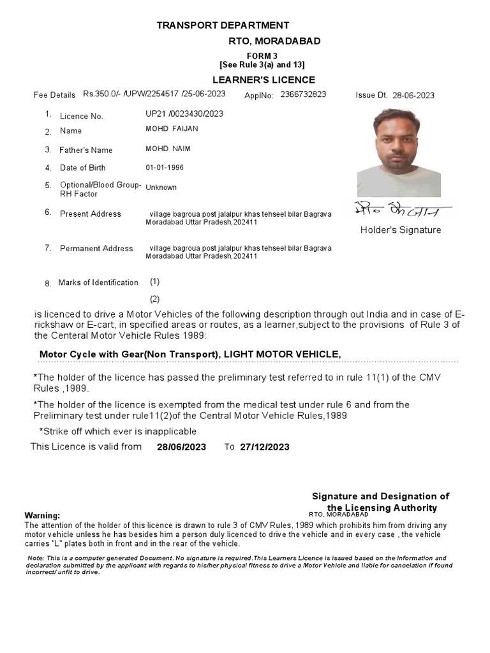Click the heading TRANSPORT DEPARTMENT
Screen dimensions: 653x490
pos(223,26)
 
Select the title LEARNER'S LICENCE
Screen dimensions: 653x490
pos(264,80)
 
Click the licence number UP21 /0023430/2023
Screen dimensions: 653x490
pos(184,114)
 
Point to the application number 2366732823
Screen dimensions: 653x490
pos(303,94)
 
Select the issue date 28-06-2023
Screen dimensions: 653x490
pos(413,95)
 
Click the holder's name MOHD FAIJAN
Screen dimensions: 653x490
pos(172,129)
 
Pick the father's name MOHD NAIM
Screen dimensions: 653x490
pos(168,149)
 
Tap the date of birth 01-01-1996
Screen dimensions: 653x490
pos(165,168)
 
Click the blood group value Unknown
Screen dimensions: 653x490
pos(161,187)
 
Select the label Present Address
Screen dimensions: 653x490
pos(90,214)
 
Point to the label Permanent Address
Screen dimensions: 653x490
pos(96,248)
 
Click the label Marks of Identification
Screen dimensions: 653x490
pos(98,282)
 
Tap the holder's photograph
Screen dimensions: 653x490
pos(399,153)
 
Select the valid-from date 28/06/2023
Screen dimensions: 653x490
pos(181,447)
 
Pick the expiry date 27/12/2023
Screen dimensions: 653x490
pos(265,447)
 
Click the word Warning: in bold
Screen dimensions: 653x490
pos(42,515)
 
